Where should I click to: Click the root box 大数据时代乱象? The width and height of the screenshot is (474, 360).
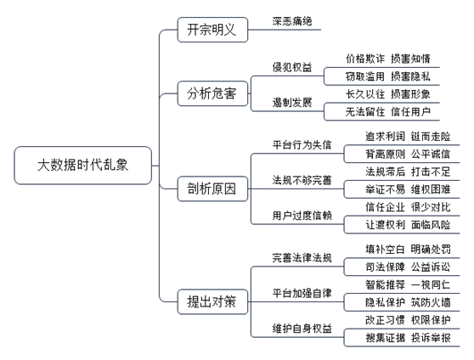coord(83,166)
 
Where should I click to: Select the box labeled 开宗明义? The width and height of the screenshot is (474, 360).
coord(212,30)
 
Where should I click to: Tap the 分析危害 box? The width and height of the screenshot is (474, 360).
coord(212,93)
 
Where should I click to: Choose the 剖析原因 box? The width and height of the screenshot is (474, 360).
coord(212,189)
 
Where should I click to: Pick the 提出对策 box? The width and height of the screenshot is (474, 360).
coord(212,301)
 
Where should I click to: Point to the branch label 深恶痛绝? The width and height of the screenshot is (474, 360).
coord(292,21)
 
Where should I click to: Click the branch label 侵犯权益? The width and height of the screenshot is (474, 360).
coord(292,67)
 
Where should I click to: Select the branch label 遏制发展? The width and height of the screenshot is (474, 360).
coord(292,103)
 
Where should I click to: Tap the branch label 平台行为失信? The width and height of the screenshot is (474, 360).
coord(302,145)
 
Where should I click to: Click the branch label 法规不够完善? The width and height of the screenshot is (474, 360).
coord(302,180)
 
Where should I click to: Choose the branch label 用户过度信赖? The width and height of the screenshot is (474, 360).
coord(302,216)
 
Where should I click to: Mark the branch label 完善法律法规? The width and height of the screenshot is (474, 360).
coord(302,258)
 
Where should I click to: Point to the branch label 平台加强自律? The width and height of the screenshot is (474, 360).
coord(302,293)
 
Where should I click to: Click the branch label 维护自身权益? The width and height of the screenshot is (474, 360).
coord(302,329)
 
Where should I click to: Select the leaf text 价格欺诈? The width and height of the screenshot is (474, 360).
coord(365,59)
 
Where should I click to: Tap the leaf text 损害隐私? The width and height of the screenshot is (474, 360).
coord(410,76)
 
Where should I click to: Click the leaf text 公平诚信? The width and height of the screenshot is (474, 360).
coord(431,155)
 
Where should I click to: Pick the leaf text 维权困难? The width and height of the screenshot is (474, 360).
coord(431,189)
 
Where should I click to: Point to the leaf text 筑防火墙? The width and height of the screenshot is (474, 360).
coord(431,302)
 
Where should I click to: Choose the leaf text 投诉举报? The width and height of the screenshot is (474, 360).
coord(431,338)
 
